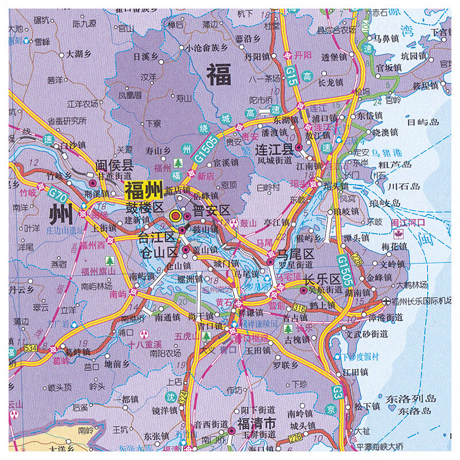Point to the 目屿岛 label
(x=423, y=121)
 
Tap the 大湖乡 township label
(x=79, y=55)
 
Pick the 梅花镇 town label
(x=394, y=246)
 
